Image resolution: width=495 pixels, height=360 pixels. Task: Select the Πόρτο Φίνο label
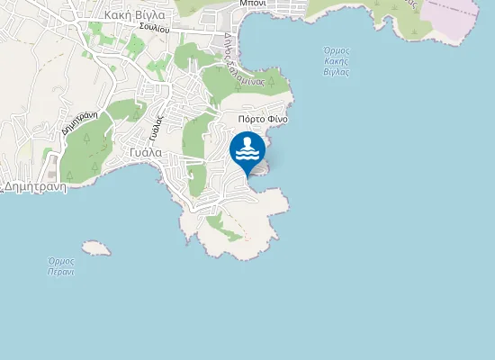click(263, 119)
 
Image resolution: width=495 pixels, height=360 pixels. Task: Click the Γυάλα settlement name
click(145, 152)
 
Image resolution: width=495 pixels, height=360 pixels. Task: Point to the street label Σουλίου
click(155, 28)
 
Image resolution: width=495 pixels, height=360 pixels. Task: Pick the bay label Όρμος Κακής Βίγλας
click(336, 60)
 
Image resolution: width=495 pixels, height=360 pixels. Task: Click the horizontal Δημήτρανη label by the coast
click(35, 187)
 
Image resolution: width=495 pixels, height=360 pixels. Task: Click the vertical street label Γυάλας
click(157, 127)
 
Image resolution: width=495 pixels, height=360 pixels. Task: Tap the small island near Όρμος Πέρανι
click(95, 247)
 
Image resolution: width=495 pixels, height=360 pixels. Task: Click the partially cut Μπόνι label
click(257, 4)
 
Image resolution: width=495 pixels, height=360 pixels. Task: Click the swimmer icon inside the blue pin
click(247, 148)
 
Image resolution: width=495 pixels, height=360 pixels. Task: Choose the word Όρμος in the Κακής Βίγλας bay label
click(336, 49)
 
